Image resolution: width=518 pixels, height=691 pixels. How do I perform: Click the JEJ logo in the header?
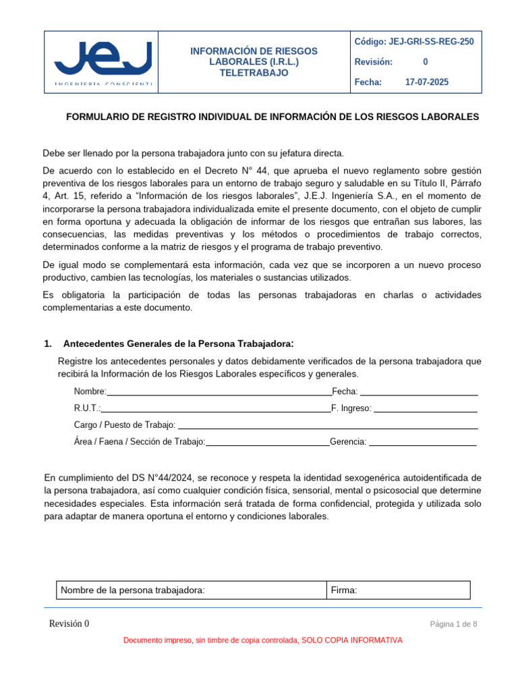click(x=103, y=61)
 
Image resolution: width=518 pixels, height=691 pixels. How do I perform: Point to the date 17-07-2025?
click(x=426, y=82)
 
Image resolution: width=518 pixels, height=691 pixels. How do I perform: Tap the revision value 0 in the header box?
click(x=425, y=62)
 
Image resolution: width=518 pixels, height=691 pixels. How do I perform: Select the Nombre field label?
click(x=90, y=391)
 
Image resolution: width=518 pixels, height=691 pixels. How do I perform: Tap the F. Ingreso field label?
click(x=351, y=408)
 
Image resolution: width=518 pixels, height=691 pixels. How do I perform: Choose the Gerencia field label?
click(x=348, y=442)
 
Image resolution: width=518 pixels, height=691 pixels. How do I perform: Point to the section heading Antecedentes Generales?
click(x=178, y=344)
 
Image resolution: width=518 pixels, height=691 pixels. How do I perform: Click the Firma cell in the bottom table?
click(x=398, y=590)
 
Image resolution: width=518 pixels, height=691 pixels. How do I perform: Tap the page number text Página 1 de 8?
click(x=453, y=624)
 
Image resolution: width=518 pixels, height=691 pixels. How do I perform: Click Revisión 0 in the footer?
click(x=69, y=624)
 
